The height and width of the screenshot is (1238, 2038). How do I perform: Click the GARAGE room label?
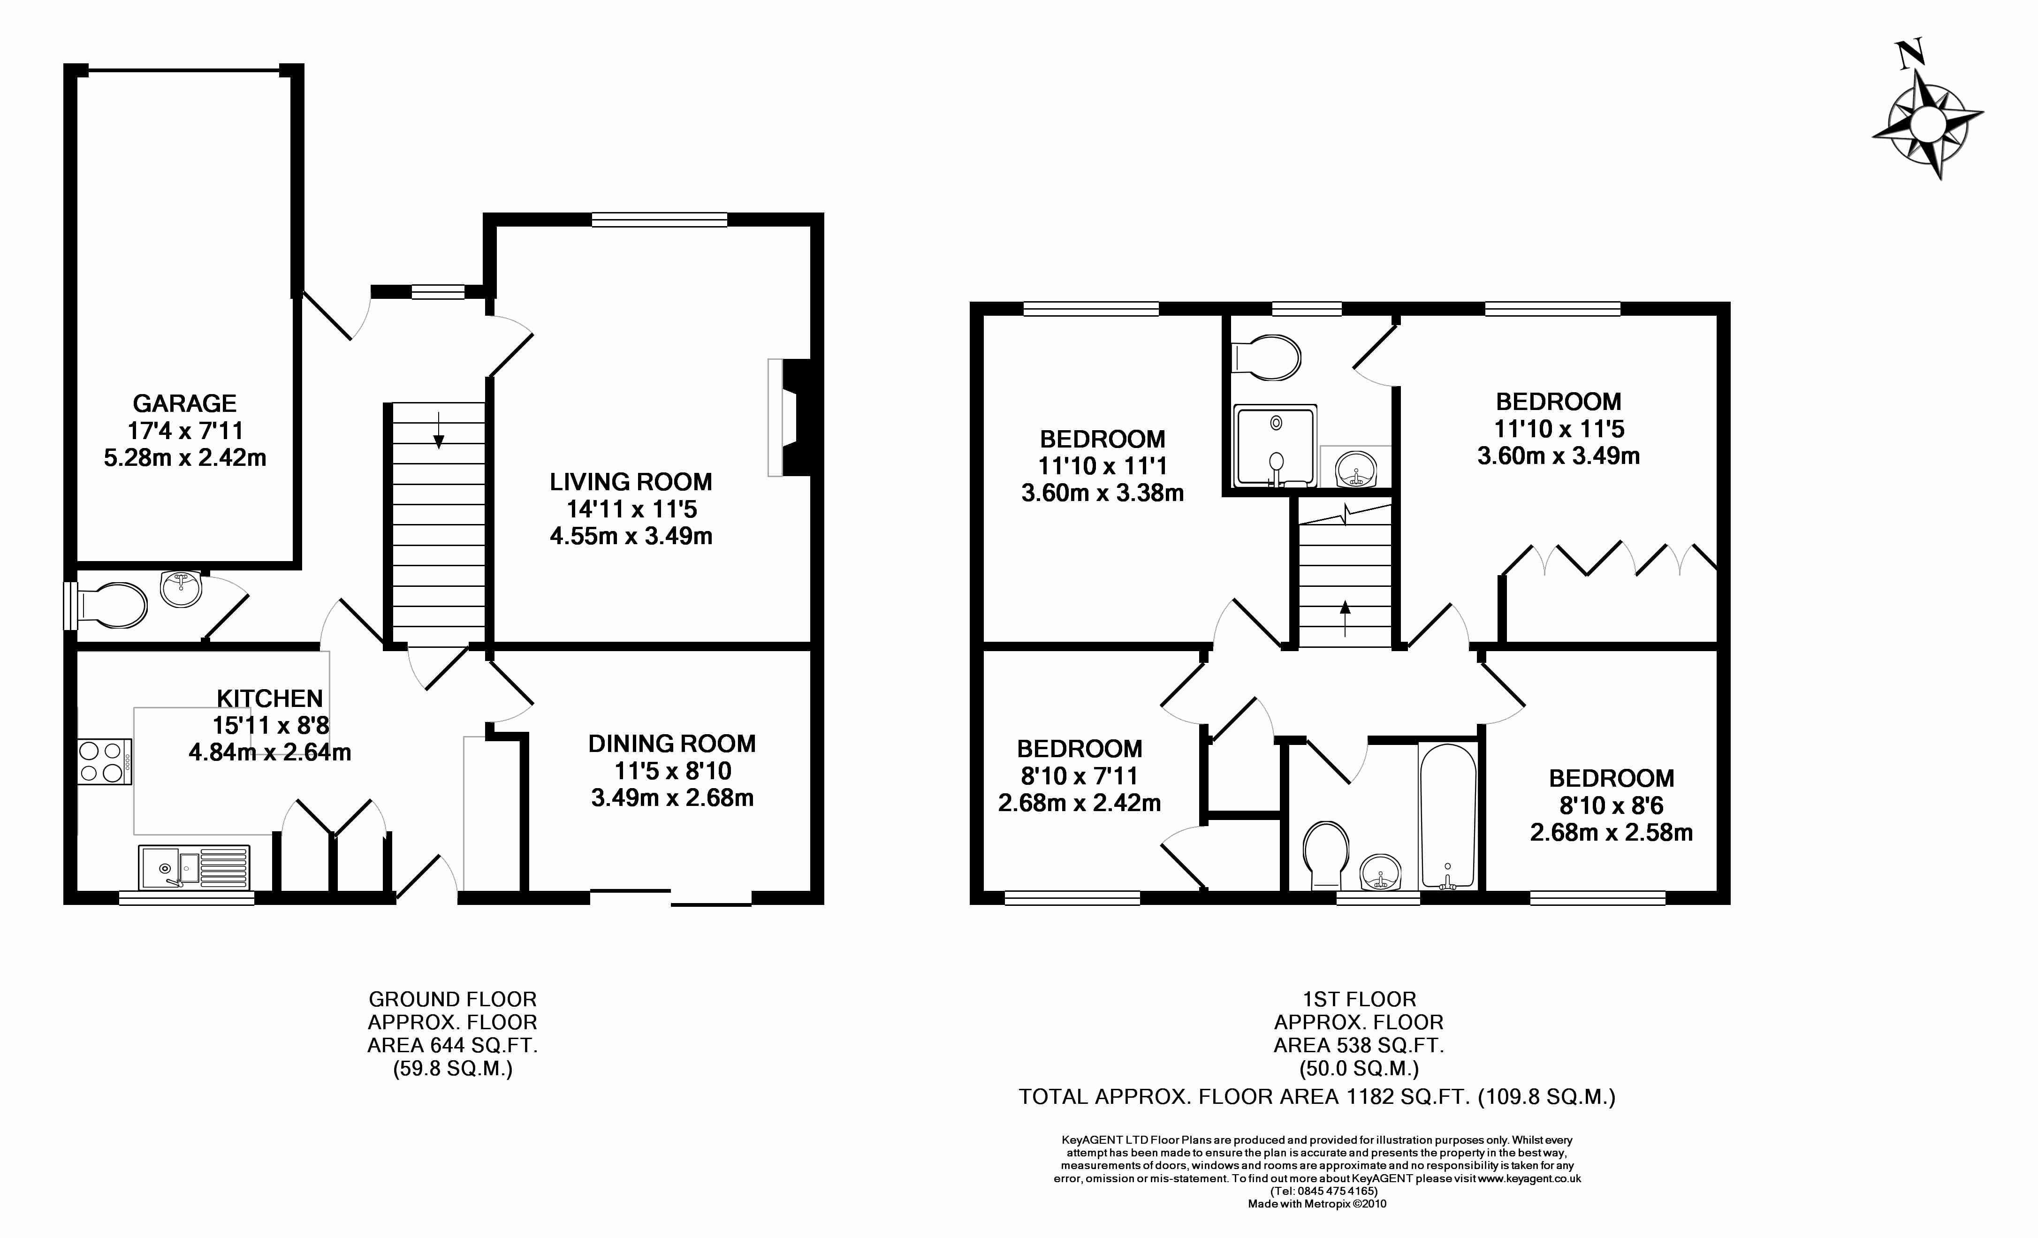(x=184, y=403)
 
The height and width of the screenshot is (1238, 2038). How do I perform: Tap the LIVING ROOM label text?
(x=631, y=482)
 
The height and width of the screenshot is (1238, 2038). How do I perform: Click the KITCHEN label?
(x=270, y=699)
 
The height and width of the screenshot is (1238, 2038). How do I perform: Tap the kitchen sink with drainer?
(x=194, y=866)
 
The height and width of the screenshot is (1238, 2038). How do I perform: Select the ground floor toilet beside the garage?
(x=110, y=605)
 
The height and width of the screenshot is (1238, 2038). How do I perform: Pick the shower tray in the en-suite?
(x=1275, y=447)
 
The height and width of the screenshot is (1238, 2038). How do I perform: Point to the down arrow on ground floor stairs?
(x=438, y=430)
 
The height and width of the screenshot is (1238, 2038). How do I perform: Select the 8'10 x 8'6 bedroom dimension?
(x=1611, y=805)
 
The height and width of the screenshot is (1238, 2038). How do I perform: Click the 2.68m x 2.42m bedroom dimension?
(x=1080, y=803)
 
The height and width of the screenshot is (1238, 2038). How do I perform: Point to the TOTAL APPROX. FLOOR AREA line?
(x=1317, y=1097)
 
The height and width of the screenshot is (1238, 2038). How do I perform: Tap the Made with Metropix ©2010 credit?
(x=1317, y=1204)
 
